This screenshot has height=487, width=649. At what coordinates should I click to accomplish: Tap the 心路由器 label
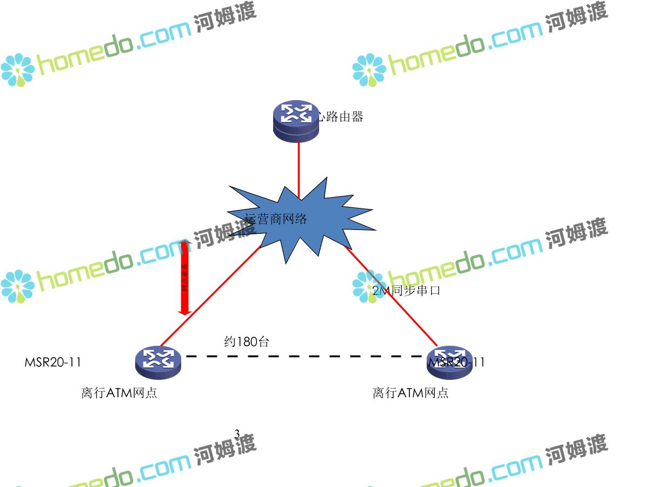tap(340, 116)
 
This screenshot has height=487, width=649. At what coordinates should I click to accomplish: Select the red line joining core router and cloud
tap(299, 168)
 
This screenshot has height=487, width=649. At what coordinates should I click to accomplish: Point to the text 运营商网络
tap(276, 219)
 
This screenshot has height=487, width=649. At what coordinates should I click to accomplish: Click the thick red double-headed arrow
tap(185, 277)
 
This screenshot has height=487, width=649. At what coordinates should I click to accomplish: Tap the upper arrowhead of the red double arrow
tap(185, 245)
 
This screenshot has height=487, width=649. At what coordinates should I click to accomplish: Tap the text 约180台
tap(247, 341)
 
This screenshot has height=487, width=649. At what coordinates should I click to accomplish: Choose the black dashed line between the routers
tap(303, 357)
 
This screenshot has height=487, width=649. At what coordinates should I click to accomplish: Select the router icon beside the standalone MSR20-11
tap(158, 360)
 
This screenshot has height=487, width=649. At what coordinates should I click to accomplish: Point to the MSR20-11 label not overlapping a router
tap(53, 362)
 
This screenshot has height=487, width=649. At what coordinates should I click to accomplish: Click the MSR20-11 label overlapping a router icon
tap(456, 362)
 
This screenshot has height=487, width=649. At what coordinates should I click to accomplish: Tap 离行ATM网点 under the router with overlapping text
tap(410, 393)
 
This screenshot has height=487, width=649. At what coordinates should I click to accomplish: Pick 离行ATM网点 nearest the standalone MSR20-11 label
tap(119, 393)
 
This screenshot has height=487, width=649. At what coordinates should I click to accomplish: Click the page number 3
tap(237, 433)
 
